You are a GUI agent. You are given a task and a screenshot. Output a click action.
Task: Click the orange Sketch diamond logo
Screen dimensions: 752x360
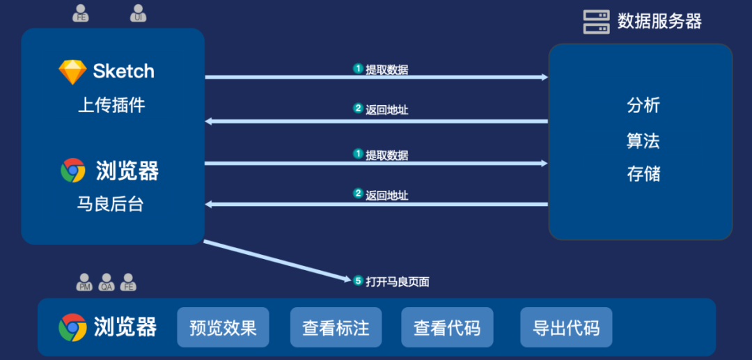pos(72,72)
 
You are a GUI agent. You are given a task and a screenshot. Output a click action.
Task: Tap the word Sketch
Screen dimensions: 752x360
pos(124,71)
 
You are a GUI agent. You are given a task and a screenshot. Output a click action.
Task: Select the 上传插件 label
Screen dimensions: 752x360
pos(111,105)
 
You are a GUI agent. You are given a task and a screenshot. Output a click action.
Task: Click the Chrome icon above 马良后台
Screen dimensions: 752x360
pos(73,171)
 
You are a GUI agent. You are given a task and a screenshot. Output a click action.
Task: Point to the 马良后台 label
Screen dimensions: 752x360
pos(111,204)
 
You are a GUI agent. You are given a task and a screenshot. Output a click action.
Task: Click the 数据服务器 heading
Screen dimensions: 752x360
pos(659,22)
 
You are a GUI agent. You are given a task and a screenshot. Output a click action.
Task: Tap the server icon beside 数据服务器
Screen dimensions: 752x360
pos(596,22)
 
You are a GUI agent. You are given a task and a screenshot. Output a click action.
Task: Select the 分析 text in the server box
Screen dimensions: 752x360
pos(643,106)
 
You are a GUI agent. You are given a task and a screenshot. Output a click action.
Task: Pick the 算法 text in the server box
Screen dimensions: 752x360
pos(643,141)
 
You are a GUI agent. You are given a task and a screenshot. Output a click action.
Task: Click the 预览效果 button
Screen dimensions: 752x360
pos(223,327)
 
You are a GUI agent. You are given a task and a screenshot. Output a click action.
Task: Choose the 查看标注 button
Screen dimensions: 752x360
pos(336,327)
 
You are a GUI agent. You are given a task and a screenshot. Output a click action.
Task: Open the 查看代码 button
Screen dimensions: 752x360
pos(447,327)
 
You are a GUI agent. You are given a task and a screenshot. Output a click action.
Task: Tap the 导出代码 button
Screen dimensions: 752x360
pos(566,327)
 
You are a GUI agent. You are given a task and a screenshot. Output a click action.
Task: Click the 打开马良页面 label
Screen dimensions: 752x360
pos(398,282)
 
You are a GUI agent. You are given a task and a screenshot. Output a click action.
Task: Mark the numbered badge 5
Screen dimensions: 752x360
pos(358,281)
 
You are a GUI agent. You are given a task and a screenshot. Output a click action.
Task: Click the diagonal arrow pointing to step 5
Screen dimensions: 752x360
pos(279,261)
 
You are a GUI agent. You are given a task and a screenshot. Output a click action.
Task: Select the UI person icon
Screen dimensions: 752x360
pos(139,13)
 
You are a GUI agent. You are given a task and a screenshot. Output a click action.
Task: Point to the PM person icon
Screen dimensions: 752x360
pos(84,282)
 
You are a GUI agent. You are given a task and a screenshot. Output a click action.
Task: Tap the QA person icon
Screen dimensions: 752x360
pos(107,282)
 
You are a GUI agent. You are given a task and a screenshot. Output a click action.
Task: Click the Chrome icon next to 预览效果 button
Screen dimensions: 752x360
pos(73,327)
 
